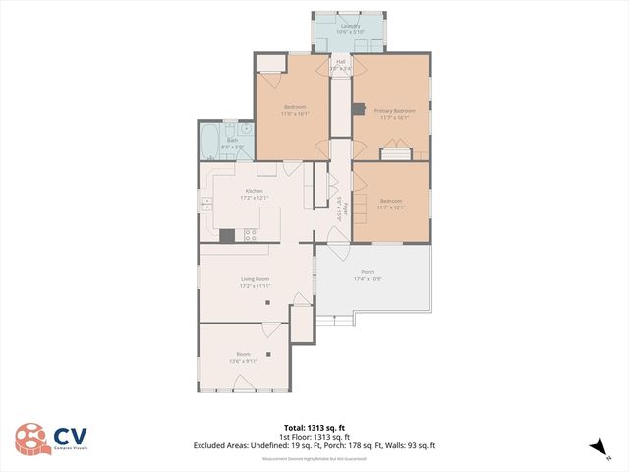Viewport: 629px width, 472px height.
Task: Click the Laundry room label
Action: click(x=351, y=25)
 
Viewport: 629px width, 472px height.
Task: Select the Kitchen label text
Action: click(x=255, y=192)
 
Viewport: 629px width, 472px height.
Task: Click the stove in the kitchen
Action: click(x=251, y=235)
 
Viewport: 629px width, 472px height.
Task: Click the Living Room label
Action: click(x=255, y=279)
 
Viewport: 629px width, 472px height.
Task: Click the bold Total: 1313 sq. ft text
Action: click(x=314, y=428)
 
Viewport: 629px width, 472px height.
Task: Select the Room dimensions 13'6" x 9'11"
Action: click(x=244, y=361)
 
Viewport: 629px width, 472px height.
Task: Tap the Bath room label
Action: click(x=232, y=140)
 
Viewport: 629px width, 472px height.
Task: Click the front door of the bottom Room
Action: click(x=244, y=391)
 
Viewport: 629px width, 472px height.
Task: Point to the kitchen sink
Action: click(x=207, y=205)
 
